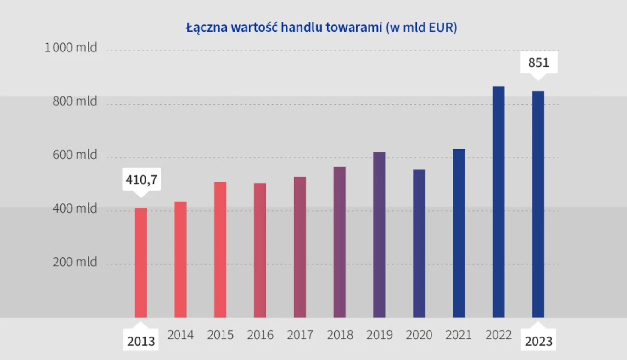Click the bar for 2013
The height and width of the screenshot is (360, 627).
click(x=141, y=263)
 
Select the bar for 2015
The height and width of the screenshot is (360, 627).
click(x=220, y=250)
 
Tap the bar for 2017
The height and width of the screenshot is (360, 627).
click(x=300, y=247)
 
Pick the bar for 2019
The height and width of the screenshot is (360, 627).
click(x=379, y=235)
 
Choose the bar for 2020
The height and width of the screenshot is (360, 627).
click(x=419, y=243)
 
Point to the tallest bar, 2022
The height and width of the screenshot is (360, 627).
click(x=498, y=202)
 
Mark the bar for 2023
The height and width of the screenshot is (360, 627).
click(x=538, y=204)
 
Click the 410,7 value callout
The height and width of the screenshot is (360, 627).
click(x=141, y=180)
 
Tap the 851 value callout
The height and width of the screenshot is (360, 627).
click(x=538, y=62)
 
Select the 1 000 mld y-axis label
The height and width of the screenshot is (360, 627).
click(x=71, y=47)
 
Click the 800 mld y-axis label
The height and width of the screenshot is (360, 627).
click(x=75, y=101)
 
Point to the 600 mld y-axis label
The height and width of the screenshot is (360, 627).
click(x=75, y=155)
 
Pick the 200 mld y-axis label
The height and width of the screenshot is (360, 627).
click(x=75, y=262)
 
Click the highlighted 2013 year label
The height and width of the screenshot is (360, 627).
click(x=141, y=342)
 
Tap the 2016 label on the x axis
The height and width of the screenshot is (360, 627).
click(x=260, y=335)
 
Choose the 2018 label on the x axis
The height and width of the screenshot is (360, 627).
click(x=340, y=335)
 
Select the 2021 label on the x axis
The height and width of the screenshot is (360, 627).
click(x=459, y=335)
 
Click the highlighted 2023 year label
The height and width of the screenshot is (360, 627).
click(x=538, y=342)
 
